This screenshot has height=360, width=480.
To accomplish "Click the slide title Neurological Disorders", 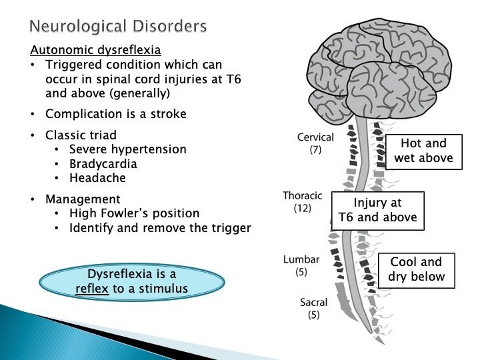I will tap(118, 27).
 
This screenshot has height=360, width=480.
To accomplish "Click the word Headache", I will tap(97, 178).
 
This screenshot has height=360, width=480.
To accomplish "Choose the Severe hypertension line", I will tap(128, 149).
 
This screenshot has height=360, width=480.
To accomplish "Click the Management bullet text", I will tap(83, 199).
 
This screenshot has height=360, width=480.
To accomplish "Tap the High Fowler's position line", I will tap(135, 213).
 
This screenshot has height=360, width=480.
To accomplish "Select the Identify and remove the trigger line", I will tap(160, 228).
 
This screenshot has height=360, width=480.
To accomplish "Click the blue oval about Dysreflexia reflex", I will tap(132, 282).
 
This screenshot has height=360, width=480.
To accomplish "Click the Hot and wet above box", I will tap(423, 151).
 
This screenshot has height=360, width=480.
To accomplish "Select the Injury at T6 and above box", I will tap(377, 211).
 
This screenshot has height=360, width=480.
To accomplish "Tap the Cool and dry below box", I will tap(416, 269).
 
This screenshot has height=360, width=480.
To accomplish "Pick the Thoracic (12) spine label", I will tap(303, 202).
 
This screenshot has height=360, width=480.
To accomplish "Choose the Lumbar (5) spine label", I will tap(301, 265).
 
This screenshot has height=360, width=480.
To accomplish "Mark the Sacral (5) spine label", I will tap(313, 309).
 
